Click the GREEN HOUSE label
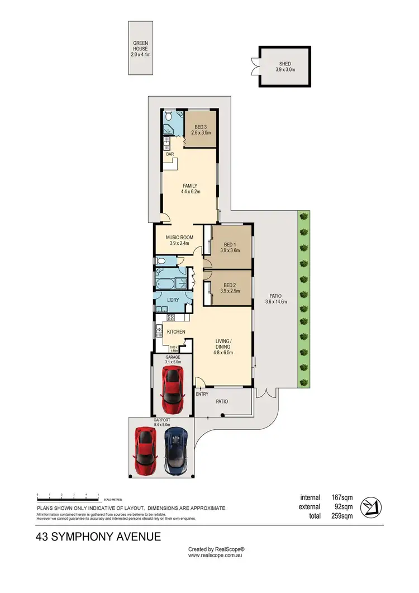(140, 46)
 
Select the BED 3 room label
(200, 129)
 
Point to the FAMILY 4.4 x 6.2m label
(190, 188)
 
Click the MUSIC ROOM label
(179, 240)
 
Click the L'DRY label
(174, 301)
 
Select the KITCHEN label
(176, 332)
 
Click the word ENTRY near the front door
(202, 395)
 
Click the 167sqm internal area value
(341, 497)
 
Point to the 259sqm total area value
(341, 516)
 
